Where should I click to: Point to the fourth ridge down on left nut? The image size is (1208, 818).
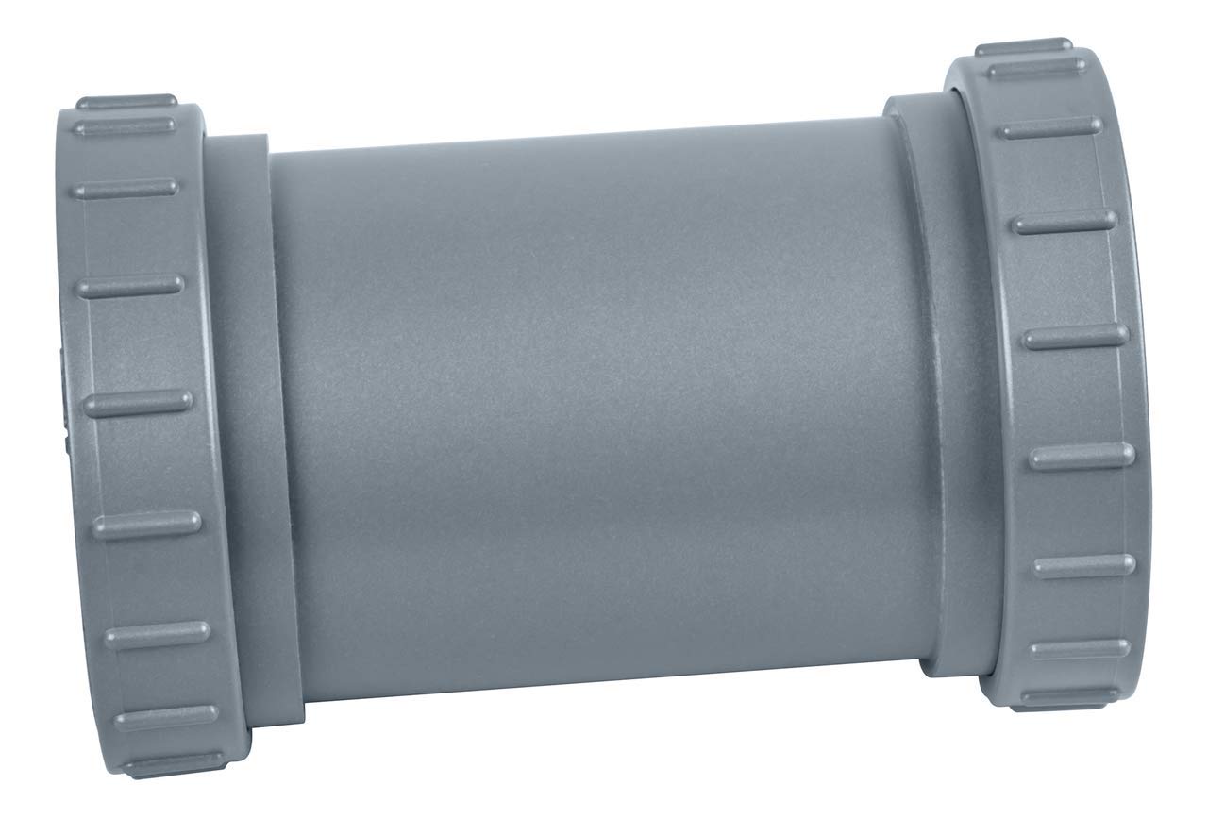coord(130,284)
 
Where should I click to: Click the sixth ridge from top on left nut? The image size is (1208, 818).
coord(146,525)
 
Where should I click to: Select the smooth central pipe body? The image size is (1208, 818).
coord(585,406)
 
